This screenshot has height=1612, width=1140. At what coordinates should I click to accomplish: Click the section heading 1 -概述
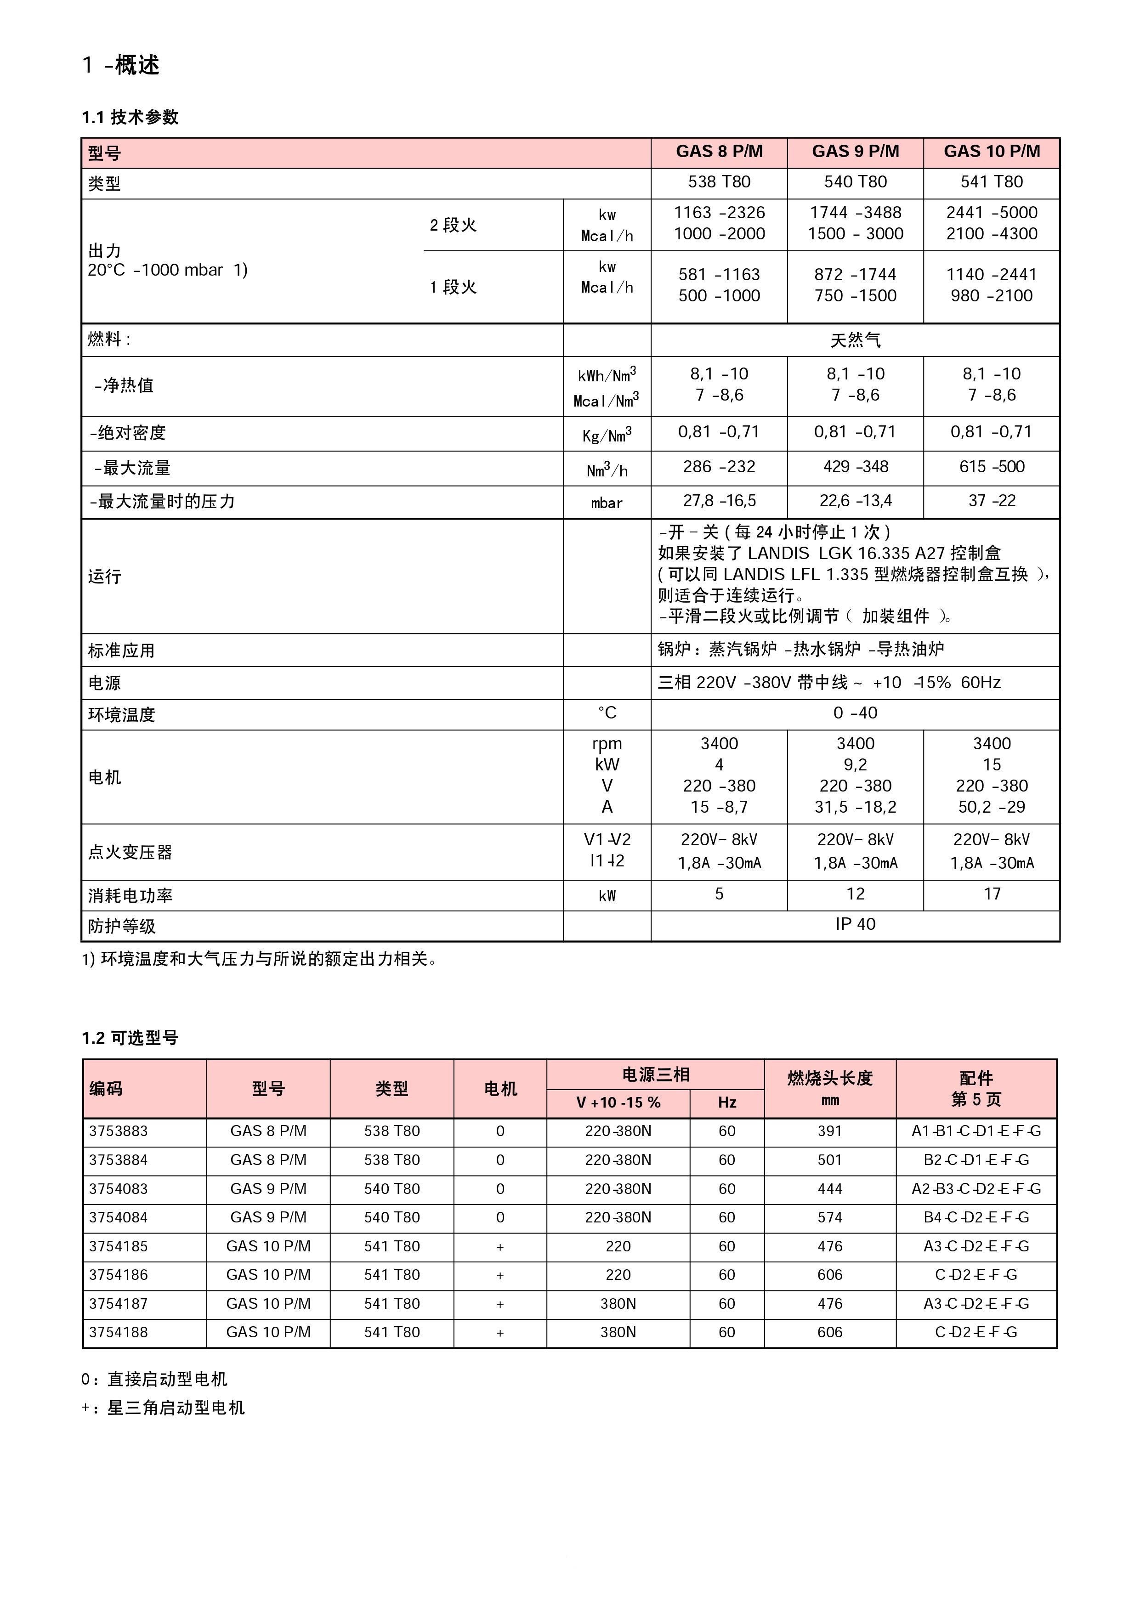click(x=121, y=65)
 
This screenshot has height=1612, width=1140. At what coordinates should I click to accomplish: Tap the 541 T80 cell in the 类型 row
click(x=991, y=182)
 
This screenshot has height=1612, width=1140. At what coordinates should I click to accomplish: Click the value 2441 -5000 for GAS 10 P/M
click(x=991, y=213)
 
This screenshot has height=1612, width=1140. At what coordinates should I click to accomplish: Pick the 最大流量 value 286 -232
click(x=719, y=467)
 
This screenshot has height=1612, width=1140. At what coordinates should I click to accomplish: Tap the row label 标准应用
click(x=121, y=651)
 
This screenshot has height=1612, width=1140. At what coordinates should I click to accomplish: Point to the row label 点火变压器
click(x=130, y=852)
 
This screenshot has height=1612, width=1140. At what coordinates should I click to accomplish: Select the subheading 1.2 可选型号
click(x=130, y=1038)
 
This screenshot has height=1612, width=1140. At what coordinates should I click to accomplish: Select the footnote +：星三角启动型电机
click(x=163, y=1408)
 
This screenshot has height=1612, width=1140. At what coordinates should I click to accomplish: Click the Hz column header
click(x=726, y=1103)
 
